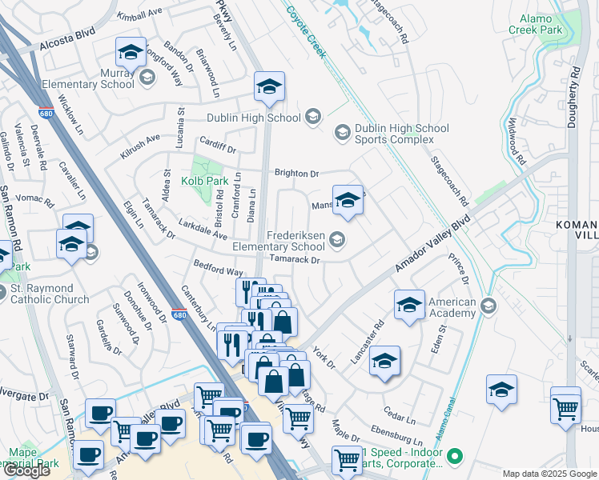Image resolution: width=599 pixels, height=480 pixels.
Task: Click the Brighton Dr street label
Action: (296, 173)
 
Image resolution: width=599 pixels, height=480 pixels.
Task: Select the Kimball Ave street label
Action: (139, 16)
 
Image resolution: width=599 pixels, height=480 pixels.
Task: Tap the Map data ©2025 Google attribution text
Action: (549, 474)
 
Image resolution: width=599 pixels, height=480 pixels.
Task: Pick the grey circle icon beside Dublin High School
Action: (312, 118)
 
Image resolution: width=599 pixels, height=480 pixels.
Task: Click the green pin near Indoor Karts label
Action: (455, 457)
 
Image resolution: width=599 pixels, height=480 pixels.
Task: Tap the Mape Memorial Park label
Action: (34, 458)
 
